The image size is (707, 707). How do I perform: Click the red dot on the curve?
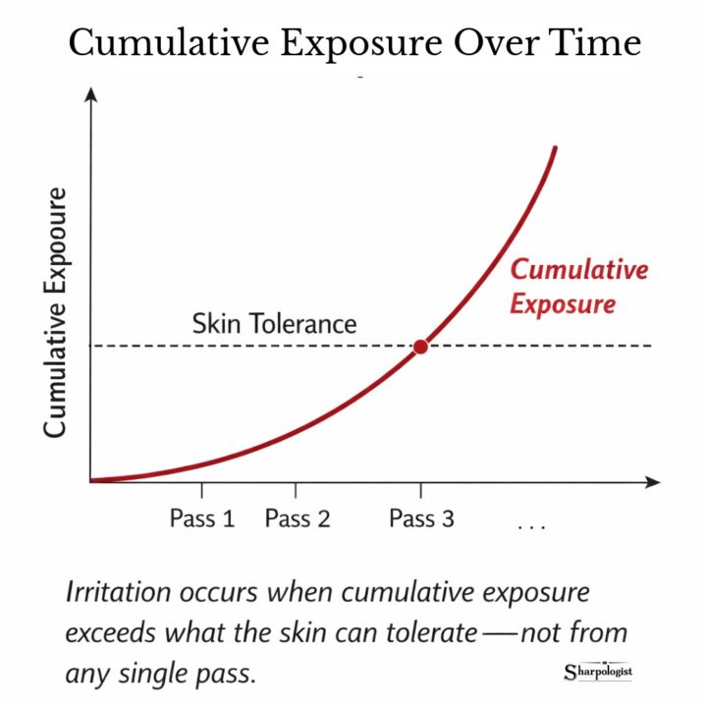(x=420, y=347)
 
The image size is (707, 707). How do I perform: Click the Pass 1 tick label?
(x=202, y=519)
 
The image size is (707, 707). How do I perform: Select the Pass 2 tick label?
(x=298, y=519)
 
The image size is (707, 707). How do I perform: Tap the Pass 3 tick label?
(x=421, y=519)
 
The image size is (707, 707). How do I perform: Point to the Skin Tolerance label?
(x=274, y=323)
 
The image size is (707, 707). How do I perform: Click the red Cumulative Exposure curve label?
(x=578, y=287)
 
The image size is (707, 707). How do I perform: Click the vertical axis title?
(x=55, y=311)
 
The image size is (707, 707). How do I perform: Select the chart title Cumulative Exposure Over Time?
(x=353, y=43)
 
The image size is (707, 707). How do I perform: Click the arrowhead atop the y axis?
(x=90, y=94)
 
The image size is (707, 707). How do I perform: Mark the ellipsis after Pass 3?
(x=530, y=527)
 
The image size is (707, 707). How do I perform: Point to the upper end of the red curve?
(x=555, y=149)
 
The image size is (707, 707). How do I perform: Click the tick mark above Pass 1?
(x=201, y=489)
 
